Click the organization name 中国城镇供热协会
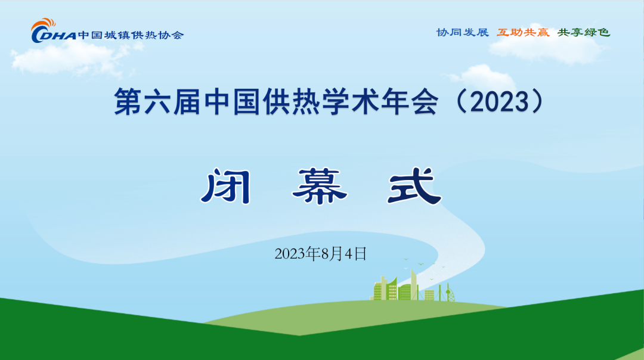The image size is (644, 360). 131,35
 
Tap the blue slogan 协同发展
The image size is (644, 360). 463,32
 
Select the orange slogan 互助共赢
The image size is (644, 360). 523,32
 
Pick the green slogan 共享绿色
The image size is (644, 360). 584,32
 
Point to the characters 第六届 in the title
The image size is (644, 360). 157,101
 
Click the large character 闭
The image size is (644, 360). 227,187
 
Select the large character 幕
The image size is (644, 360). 320,187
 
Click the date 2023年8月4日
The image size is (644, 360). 320,254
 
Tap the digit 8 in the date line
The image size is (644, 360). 326,254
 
